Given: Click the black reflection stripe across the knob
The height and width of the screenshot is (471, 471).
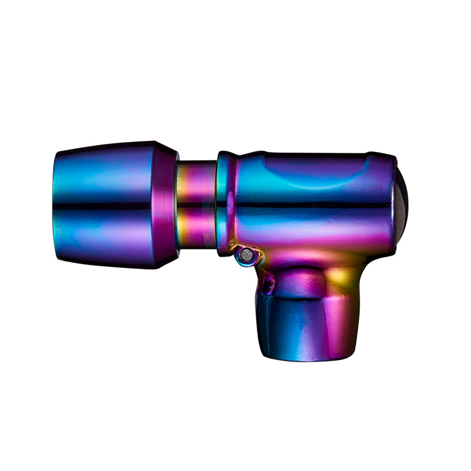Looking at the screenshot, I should click(x=106, y=206).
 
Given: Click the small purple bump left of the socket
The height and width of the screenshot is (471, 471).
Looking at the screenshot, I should click(x=268, y=285).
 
